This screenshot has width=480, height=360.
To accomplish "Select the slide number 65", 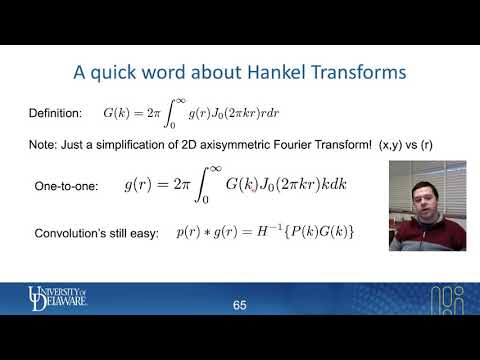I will [239, 304].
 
